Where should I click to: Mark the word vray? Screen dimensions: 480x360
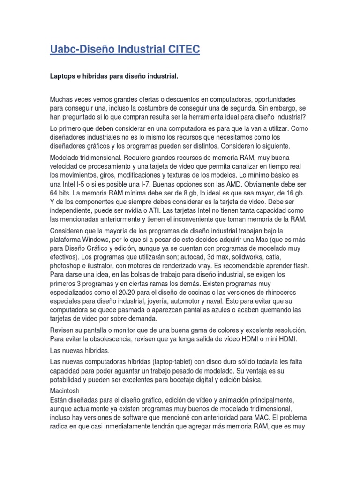(213, 266)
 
